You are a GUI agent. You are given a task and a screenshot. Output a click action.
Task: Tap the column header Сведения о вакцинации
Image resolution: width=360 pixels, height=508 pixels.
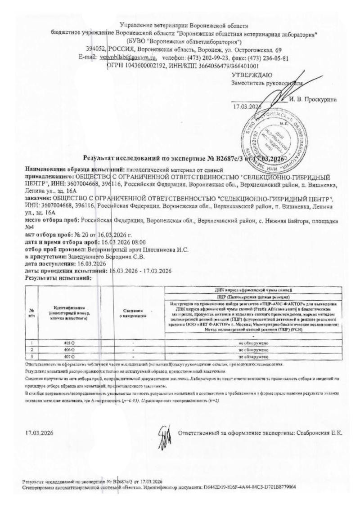133,313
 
